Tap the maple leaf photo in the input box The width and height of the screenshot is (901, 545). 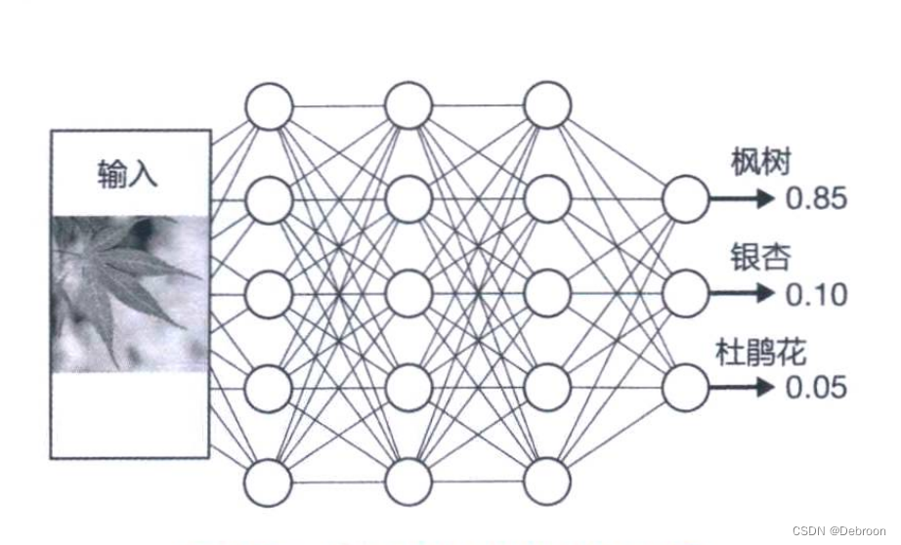pyautogui.click(x=130, y=293)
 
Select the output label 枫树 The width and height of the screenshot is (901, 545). pyautogui.click(x=760, y=162)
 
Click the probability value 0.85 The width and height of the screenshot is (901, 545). pyautogui.click(x=816, y=200)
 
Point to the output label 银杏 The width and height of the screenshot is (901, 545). pyautogui.click(x=760, y=258)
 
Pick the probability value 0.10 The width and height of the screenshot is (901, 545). pyautogui.click(x=816, y=294)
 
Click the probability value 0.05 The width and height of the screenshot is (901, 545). pyautogui.click(x=816, y=388)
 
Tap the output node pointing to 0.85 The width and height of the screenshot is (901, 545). pyautogui.click(x=686, y=199)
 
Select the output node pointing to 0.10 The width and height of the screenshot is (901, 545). pyautogui.click(x=686, y=293)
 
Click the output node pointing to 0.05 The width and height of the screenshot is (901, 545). pyautogui.click(x=686, y=387)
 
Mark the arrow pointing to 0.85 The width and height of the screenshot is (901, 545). pyautogui.click(x=743, y=199)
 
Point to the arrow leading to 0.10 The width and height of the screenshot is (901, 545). pyautogui.click(x=743, y=293)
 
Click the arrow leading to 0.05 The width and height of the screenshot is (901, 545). pyautogui.click(x=743, y=387)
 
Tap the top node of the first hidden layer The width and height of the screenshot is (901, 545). pyautogui.click(x=269, y=105)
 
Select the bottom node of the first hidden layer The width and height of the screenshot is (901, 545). pyautogui.click(x=269, y=482)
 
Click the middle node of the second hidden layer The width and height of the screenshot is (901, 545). pyautogui.click(x=408, y=294)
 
